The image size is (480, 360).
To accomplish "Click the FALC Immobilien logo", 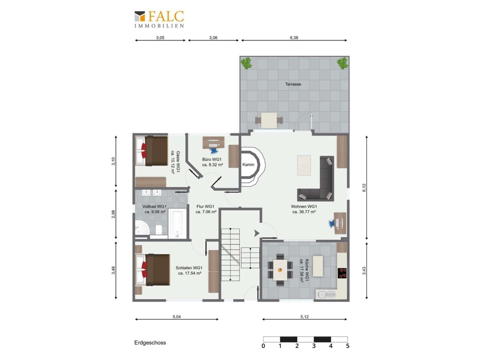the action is (x=159, y=19).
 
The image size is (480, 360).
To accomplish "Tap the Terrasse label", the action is (x=293, y=84).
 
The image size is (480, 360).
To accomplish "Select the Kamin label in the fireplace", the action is (x=248, y=164).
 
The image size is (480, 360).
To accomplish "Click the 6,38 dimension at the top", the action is (x=294, y=38).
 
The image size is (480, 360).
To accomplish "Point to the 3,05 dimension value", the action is (x=160, y=38).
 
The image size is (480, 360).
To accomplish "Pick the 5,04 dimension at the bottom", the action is (x=177, y=316).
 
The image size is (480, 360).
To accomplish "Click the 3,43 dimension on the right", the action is (x=364, y=271).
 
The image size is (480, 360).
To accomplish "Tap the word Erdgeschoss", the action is (x=150, y=342).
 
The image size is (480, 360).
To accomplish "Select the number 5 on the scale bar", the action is (x=348, y=346).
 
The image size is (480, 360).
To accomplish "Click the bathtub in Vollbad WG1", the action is (x=177, y=224).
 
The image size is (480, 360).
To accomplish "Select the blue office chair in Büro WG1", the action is (x=213, y=150).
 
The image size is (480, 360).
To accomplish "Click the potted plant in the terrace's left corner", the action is (x=246, y=63).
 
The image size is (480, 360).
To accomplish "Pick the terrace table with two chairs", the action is (x=269, y=120).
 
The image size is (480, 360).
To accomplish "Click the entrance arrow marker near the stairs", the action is (x=256, y=234).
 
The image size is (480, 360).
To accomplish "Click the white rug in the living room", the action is (x=304, y=165).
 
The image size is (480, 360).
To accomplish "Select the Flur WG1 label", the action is (x=205, y=206).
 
